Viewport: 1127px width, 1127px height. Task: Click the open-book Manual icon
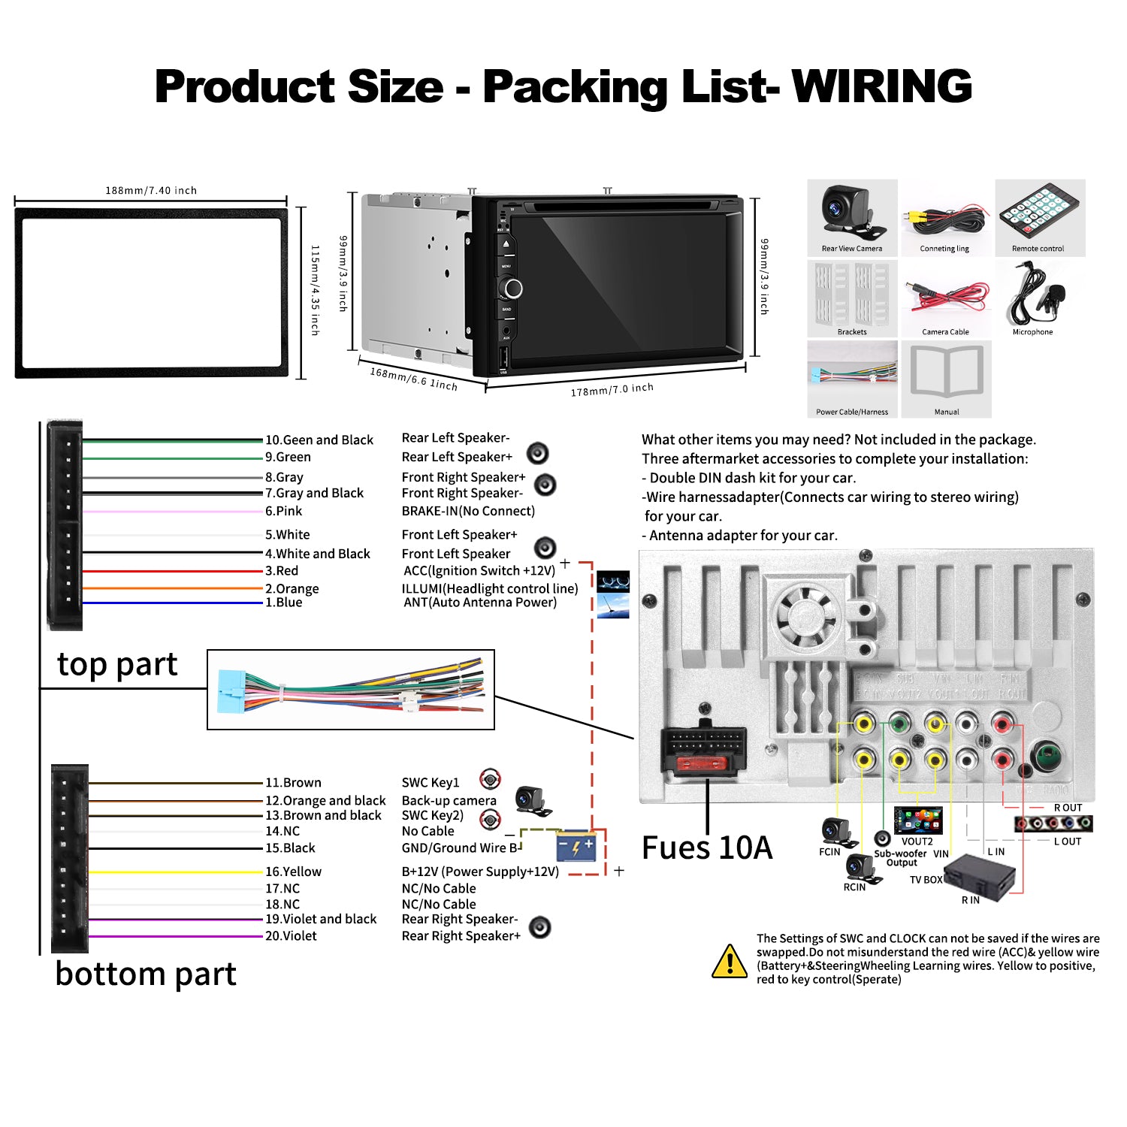[947, 371]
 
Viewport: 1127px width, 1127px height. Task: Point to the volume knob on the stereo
[514, 289]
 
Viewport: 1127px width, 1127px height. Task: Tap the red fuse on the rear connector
[704, 765]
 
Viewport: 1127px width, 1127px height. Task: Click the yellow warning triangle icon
[729, 961]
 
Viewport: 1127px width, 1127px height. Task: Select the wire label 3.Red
[282, 571]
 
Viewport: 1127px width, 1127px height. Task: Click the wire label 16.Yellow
[293, 872]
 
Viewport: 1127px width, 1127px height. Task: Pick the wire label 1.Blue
[283, 603]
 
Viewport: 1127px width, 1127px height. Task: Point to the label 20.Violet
[291, 936]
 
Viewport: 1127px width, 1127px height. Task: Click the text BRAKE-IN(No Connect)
[468, 511]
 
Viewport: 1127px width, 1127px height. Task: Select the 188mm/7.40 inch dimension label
[151, 191]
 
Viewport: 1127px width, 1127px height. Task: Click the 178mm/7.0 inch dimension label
[612, 390]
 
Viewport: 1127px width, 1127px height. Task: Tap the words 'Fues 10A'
[707, 848]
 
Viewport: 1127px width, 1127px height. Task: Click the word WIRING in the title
[882, 86]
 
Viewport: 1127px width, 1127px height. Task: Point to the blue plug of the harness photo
[230, 690]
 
